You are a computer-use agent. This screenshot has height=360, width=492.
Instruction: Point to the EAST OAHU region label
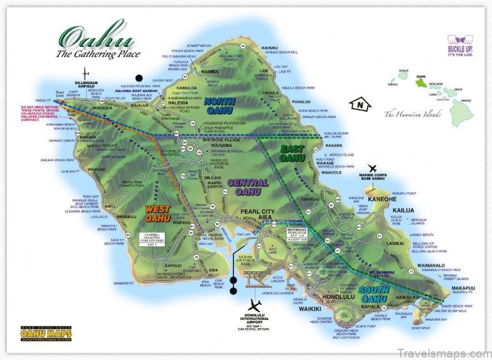tap(292, 154)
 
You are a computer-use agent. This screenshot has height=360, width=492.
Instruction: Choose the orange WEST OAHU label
tap(158, 214)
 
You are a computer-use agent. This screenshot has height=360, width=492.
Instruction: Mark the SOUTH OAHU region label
tap(376, 294)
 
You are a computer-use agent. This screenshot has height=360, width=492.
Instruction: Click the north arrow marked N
tap(359, 104)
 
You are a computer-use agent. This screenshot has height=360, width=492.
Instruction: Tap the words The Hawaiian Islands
tap(412, 114)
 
